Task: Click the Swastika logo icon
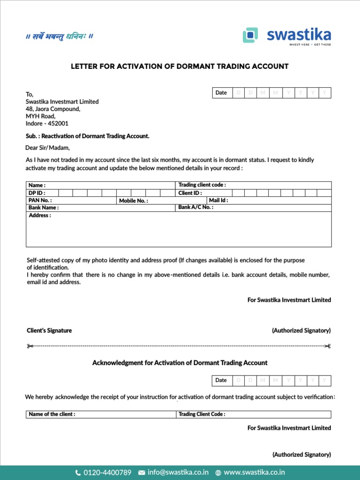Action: pos(251,35)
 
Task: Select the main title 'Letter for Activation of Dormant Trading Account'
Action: pos(180,67)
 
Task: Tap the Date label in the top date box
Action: pos(221,93)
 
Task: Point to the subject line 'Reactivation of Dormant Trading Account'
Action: pos(87,136)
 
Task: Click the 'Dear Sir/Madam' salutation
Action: pos(47,148)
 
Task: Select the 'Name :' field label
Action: pos(37,186)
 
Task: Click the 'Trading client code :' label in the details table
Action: pos(202,185)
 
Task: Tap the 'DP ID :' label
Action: pos(37,193)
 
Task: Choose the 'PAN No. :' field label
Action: pos(40,201)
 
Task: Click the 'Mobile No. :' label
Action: pos(133,201)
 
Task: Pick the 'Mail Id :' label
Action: pos(218,201)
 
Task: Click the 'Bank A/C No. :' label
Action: pos(196,207)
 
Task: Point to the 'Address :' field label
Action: pos(40,216)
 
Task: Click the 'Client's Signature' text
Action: pos(49,330)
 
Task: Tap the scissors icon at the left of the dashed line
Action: pos(30,346)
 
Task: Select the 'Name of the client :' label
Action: pos(52,414)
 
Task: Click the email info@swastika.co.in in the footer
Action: pos(178,472)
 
